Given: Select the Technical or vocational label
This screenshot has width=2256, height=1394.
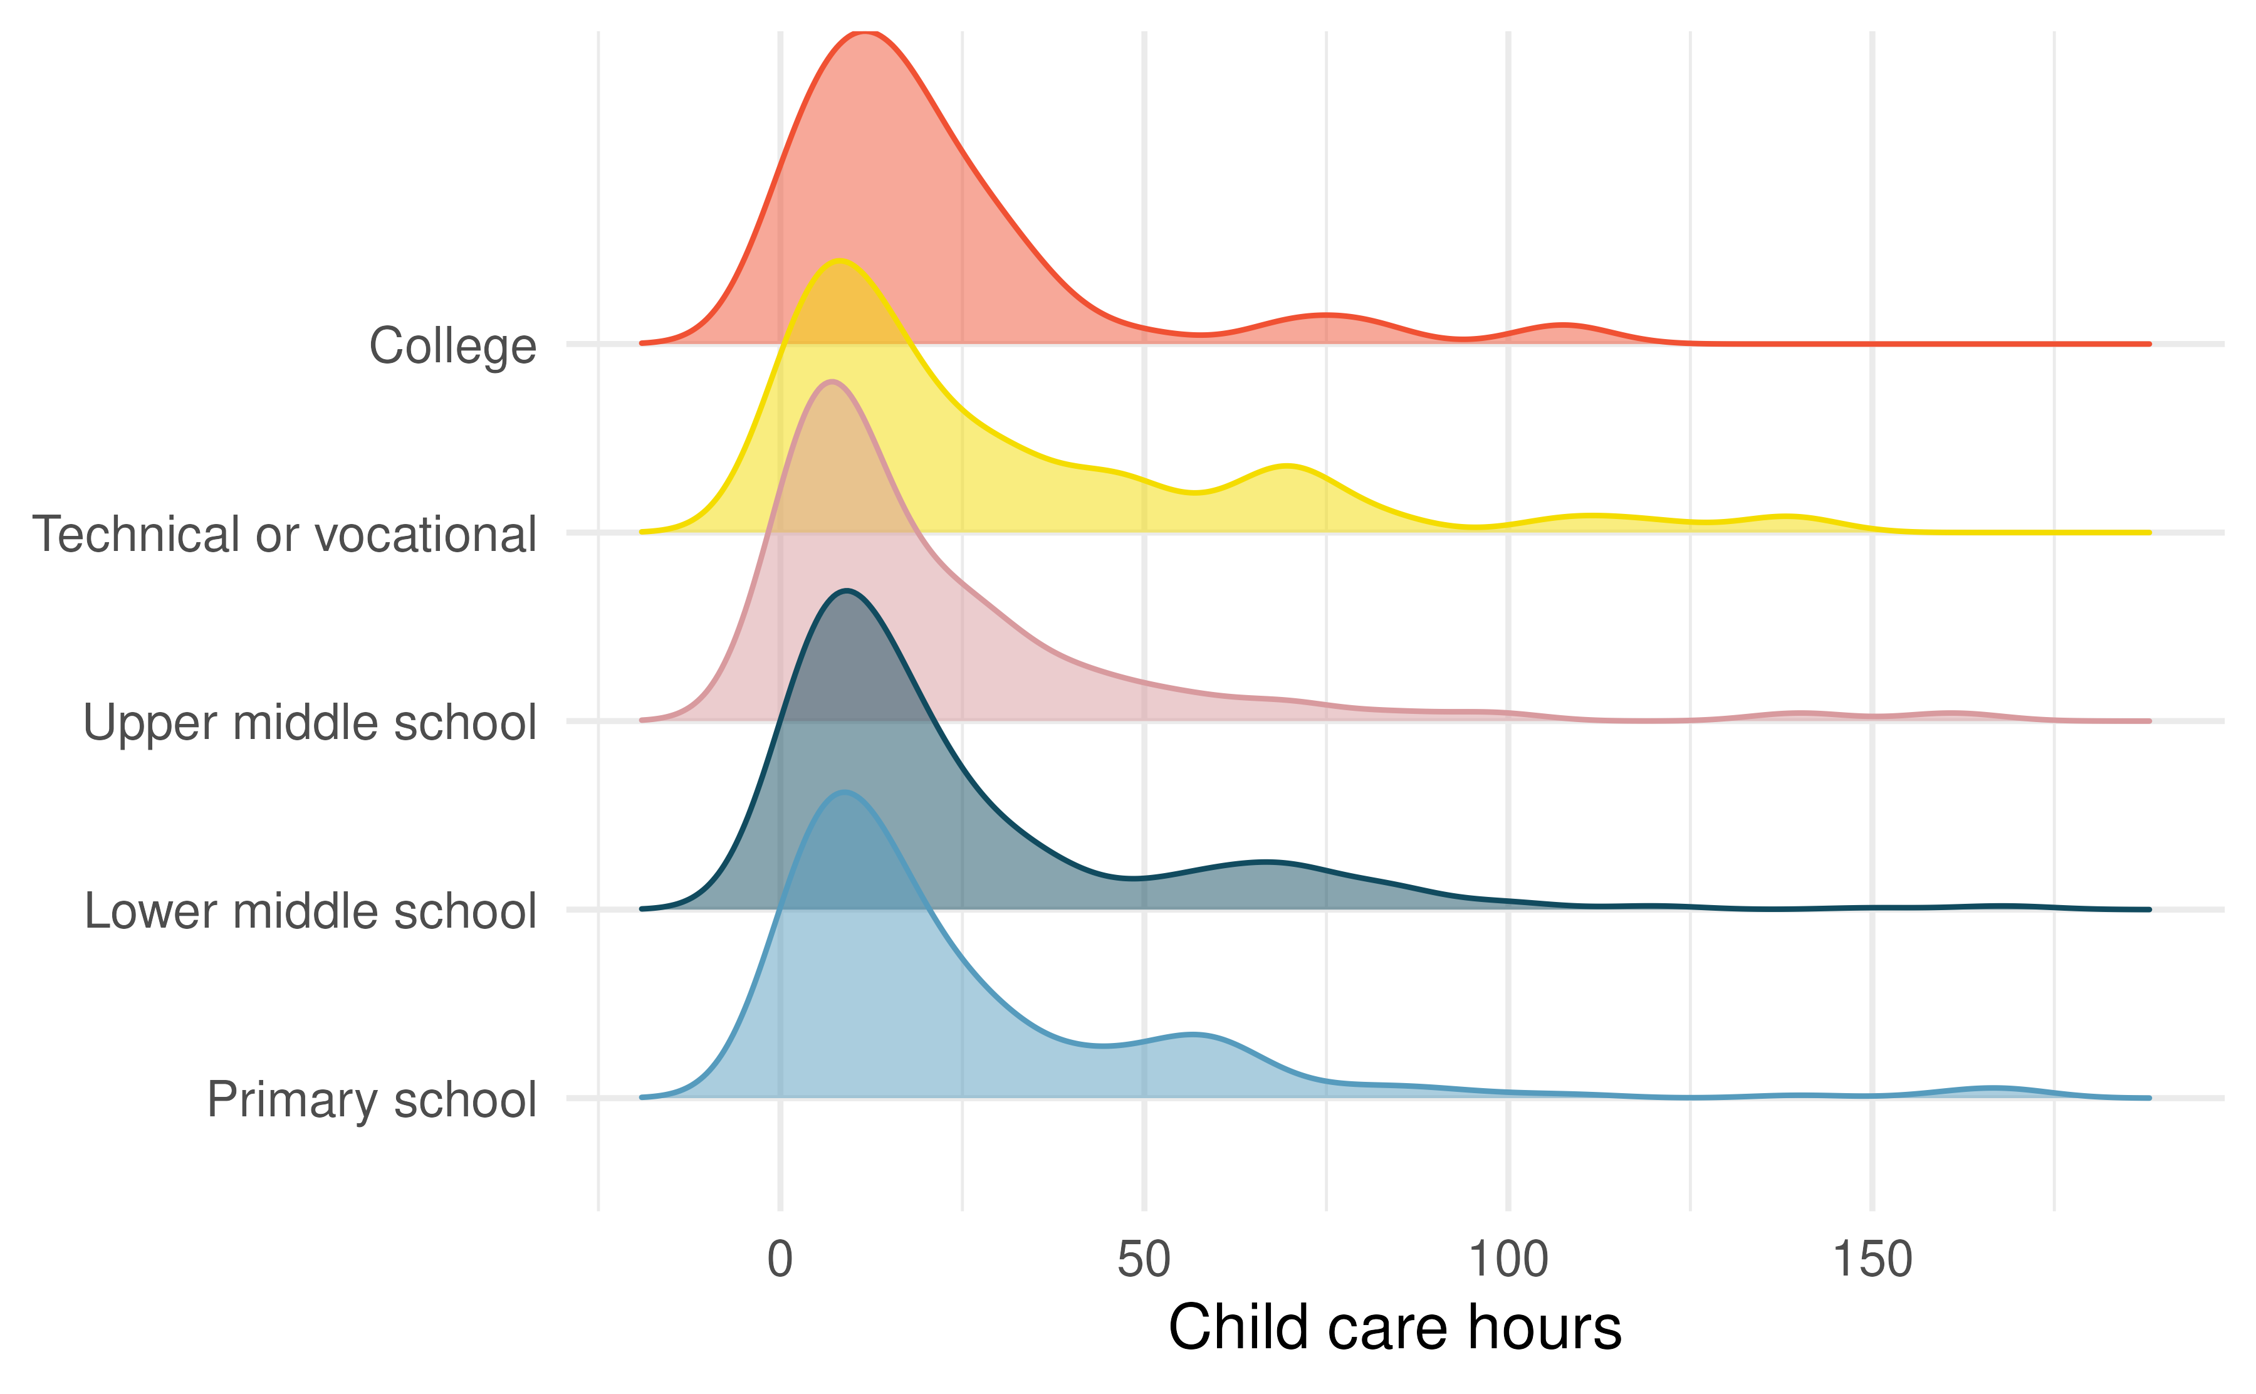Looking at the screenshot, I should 284,535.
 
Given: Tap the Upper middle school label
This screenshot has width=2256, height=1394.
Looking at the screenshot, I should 310,723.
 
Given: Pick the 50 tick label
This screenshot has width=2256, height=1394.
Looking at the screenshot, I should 1144,1259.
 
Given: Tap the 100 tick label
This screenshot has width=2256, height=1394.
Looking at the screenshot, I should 1508,1259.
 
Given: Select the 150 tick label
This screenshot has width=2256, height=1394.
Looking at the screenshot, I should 1872,1259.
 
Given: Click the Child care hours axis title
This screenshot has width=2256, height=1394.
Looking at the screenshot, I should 1394,1328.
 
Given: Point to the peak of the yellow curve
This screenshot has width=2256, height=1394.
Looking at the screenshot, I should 838,260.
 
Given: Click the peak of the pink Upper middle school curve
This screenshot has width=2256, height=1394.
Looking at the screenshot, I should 831,382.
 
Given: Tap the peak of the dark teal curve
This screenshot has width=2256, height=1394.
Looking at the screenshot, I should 846,590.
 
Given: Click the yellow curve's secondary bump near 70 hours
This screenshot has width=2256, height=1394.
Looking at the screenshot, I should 1287,466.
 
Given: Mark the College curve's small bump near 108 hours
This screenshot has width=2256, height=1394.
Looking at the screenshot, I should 1564,325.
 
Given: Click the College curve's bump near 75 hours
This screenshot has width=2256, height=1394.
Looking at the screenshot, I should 1325,315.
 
